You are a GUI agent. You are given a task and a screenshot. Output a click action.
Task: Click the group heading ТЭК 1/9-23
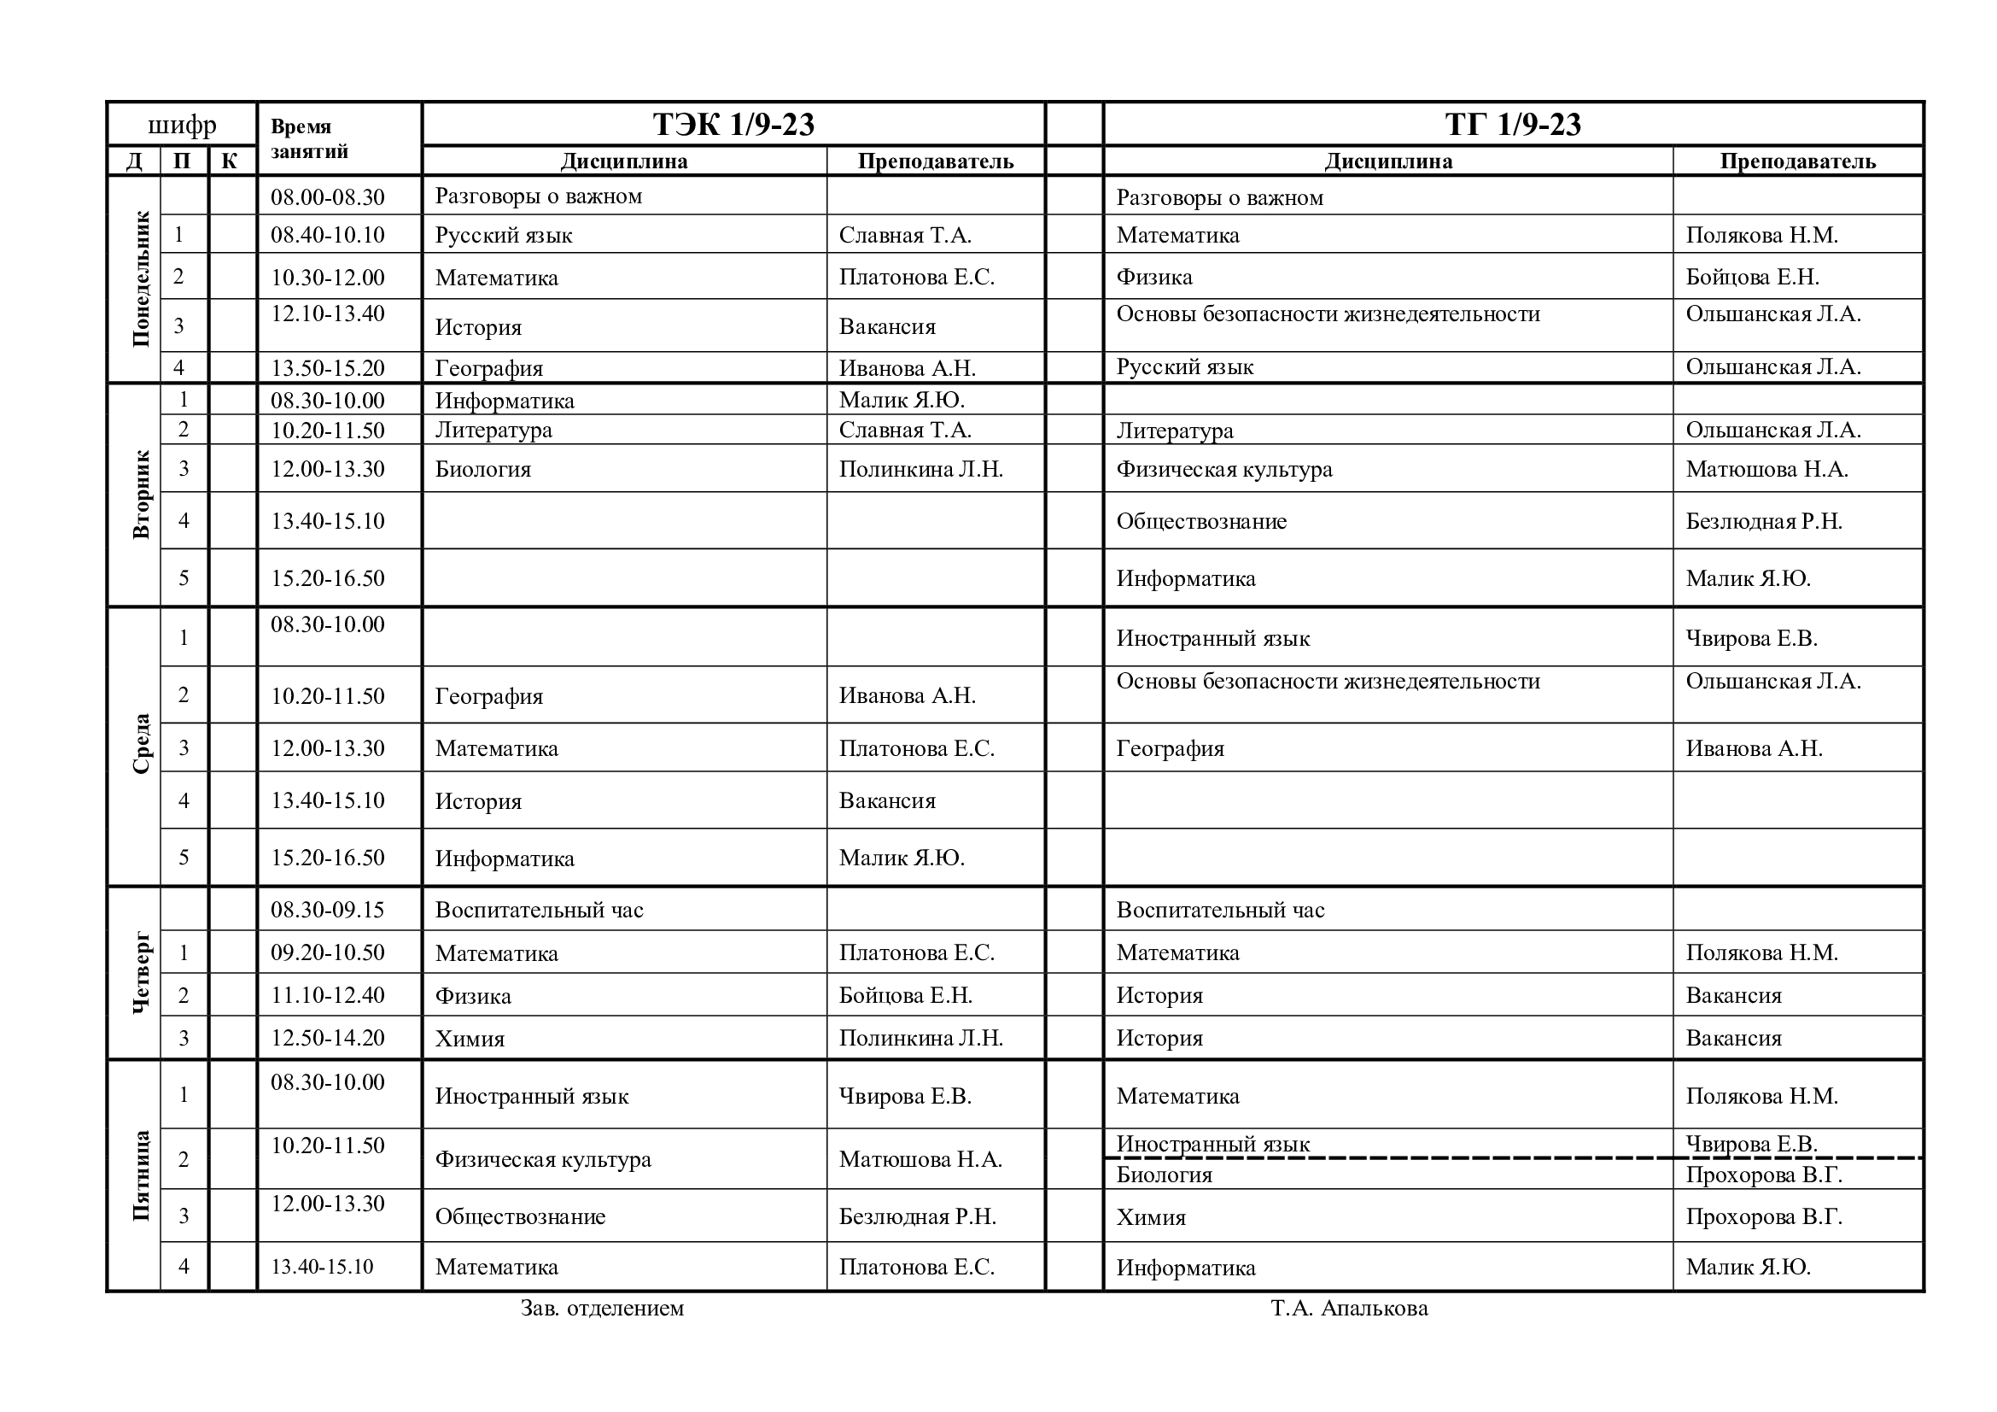pyautogui.click(x=733, y=125)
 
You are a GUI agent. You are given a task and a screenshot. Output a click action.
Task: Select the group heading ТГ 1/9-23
pyautogui.click(x=1513, y=125)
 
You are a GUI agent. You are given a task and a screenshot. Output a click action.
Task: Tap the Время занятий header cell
pyautogui.click(x=309, y=139)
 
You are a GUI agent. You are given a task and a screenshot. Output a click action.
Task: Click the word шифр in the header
pyautogui.click(x=182, y=126)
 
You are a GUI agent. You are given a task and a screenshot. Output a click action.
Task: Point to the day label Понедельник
pyautogui.click(x=141, y=279)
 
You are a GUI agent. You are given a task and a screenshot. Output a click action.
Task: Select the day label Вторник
pyautogui.click(x=141, y=494)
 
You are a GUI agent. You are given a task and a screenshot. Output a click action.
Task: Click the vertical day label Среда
pyautogui.click(x=141, y=744)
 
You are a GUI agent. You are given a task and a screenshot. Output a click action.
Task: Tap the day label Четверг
pyautogui.click(x=141, y=973)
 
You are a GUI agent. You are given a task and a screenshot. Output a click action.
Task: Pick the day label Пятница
pyautogui.click(x=141, y=1175)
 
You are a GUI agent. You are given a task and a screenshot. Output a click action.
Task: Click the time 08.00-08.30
pyautogui.click(x=327, y=197)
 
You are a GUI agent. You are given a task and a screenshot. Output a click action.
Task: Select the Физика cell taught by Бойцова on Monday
pyautogui.click(x=1154, y=278)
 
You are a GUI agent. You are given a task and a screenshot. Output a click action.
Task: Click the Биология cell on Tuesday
pyautogui.click(x=482, y=470)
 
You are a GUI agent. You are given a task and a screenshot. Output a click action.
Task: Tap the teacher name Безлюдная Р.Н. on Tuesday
pyautogui.click(x=1763, y=522)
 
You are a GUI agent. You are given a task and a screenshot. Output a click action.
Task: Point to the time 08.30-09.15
pyautogui.click(x=327, y=910)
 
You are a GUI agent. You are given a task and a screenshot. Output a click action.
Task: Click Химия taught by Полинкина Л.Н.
pyautogui.click(x=470, y=1039)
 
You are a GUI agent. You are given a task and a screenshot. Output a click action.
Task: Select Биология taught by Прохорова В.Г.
pyautogui.click(x=1164, y=1175)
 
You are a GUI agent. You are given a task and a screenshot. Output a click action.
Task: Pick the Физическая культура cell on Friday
pyautogui.click(x=543, y=1160)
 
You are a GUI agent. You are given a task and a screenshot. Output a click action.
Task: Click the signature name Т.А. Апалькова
pyautogui.click(x=1349, y=1309)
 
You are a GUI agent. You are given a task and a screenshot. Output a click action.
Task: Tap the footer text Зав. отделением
pyautogui.click(x=602, y=1309)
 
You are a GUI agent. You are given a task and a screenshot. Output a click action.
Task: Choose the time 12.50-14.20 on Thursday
pyautogui.click(x=327, y=1038)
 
